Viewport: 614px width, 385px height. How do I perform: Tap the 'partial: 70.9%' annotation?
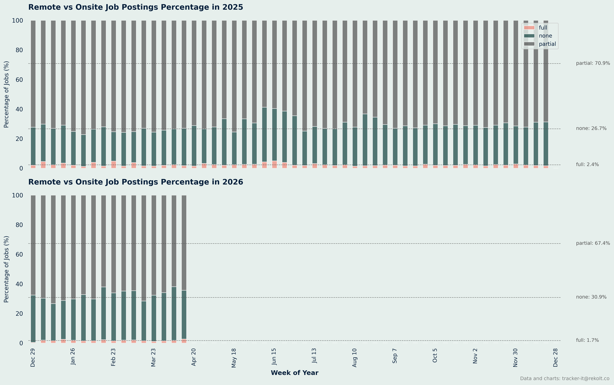[x=593, y=63]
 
